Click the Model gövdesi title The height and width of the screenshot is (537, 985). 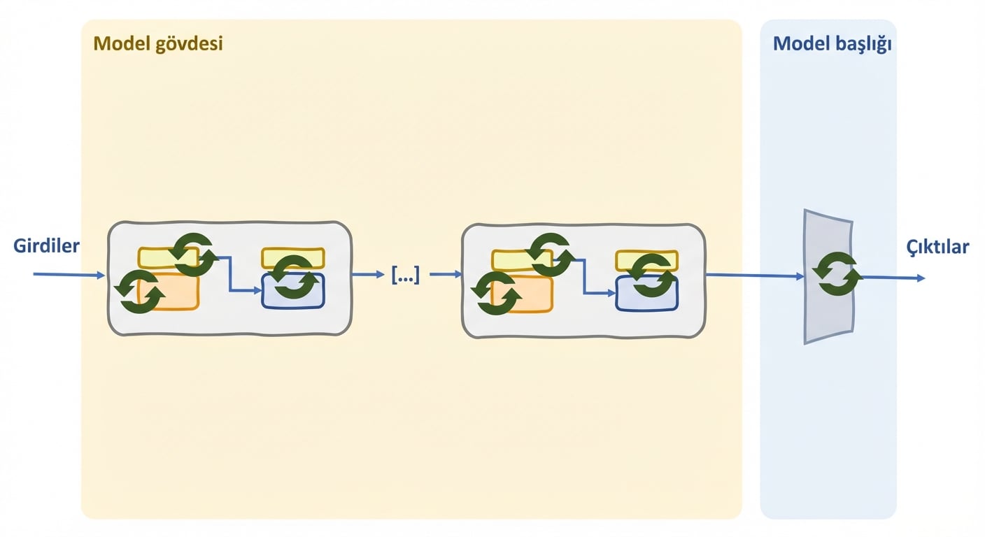pyautogui.click(x=158, y=44)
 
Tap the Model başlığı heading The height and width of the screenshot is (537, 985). pyautogui.click(x=832, y=44)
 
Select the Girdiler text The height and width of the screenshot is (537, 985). pyautogui.click(x=46, y=245)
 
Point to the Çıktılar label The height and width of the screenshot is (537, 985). pyautogui.click(x=937, y=247)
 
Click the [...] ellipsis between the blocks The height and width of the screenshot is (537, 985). pyautogui.click(x=406, y=275)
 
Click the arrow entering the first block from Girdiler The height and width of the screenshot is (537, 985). pyautogui.click(x=69, y=275)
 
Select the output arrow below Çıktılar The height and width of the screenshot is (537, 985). pyautogui.click(x=893, y=278)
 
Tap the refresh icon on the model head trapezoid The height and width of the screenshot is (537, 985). pyautogui.click(x=837, y=273)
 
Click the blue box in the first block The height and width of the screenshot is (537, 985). pyautogui.click(x=293, y=291)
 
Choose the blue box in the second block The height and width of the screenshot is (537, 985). pyautogui.click(x=647, y=294)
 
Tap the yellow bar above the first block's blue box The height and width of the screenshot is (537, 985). pyautogui.click(x=293, y=258)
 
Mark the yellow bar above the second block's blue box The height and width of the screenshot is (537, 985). pyautogui.click(x=647, y=261)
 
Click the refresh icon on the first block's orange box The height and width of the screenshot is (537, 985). pyautogui.click(x=139, y=292)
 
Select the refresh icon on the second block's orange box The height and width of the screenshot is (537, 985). pyautogui.click(x=496, y=293)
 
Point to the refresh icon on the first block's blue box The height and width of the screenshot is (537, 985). pyautogui.click(x=294, y=278)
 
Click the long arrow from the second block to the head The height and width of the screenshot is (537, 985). pyautogui.click(x=755, y=275)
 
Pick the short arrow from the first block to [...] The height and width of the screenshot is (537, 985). pyautogui.click(x=369, y=275)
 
